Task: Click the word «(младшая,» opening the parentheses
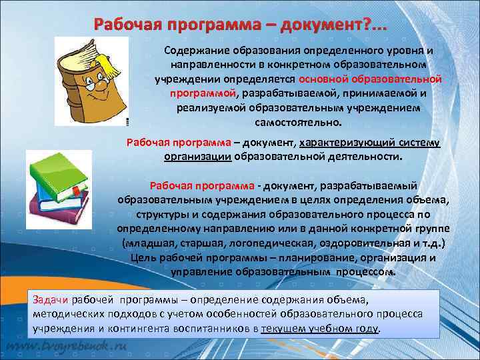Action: pos(147,242)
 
